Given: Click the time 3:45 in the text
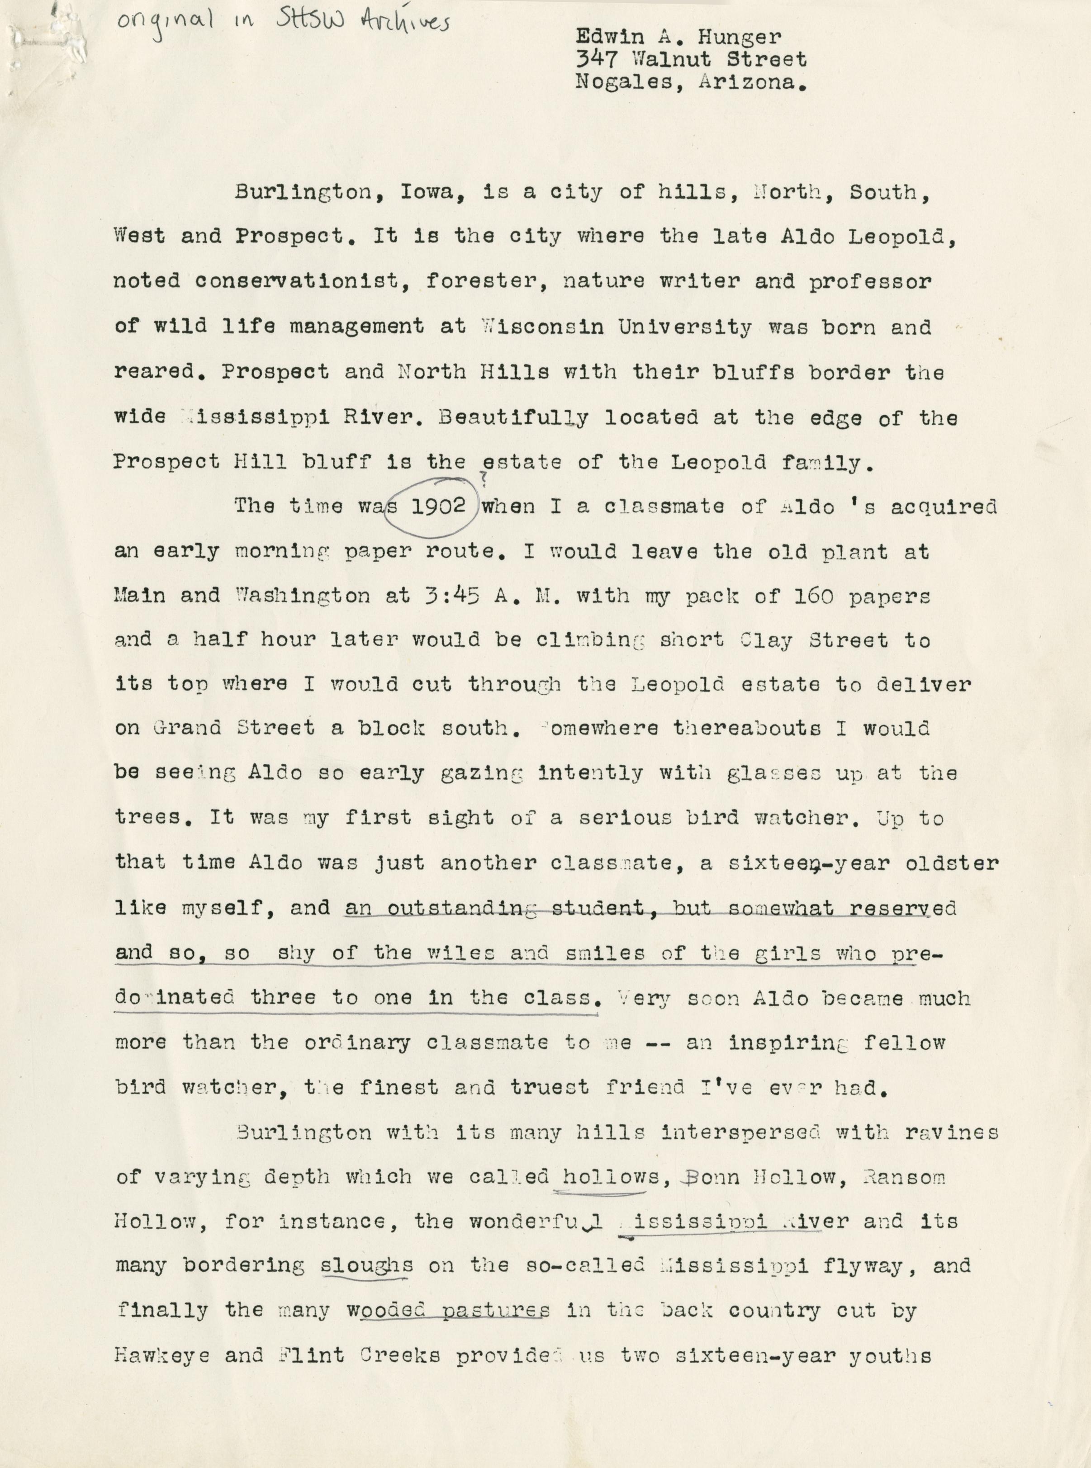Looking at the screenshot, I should pyautogui.click(x=452, y=596).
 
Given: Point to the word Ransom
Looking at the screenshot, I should pyautogui.click(x=904, y=1177).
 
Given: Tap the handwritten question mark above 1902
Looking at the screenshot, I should pyautogui.click(x=484, y=481).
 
